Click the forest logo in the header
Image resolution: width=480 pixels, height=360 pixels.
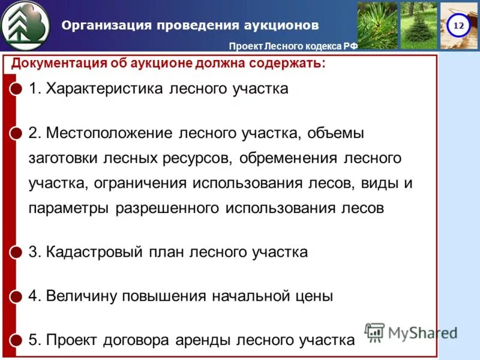click(26, 26)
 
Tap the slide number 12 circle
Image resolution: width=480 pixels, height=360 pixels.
click(458, 26)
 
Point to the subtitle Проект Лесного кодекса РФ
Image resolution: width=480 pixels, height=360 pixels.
click(293, 47)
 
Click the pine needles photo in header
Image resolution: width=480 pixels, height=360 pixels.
click(377, 25)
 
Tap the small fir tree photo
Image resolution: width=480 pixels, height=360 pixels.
click(418, 25)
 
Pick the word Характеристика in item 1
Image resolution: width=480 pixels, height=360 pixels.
click(106, 89)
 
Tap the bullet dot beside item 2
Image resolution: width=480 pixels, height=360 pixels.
click(17, 133)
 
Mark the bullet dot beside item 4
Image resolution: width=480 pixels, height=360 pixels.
click(17, 296)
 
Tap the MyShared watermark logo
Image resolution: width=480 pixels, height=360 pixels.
click(411, 332)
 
